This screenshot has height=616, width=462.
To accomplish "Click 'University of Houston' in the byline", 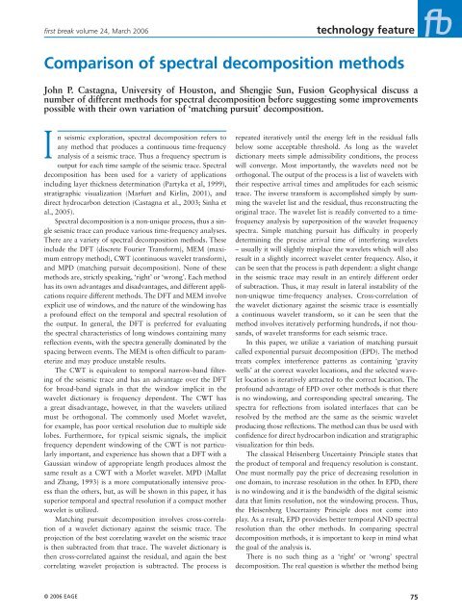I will pos(168,94).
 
